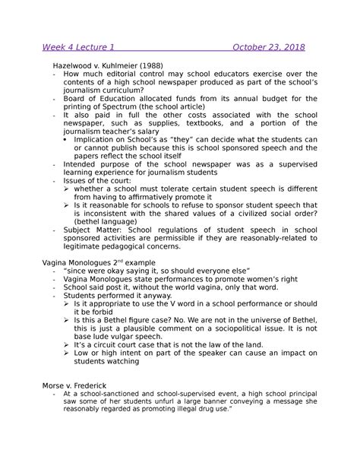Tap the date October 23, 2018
269,47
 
